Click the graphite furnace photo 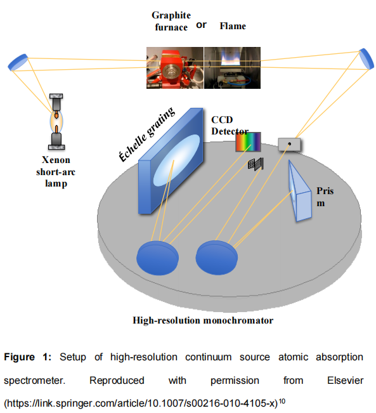(175, 68)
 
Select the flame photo (232, 68)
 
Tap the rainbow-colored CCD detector (248, 142)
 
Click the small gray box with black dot (289, 145)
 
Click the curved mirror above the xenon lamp (18, 62)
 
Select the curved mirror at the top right (366, 58)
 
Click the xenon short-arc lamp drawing (56, 121)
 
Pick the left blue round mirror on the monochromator (157, 258)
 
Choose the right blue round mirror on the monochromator (217, 258)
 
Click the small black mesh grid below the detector (256, 164)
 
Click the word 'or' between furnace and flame (202, 25)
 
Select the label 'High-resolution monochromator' (203, 320)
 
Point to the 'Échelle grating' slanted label (146, 134)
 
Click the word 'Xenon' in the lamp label (56, 160)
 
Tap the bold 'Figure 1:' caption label (28, 357)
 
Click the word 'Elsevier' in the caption (345, 381)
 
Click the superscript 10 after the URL (282, 402)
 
